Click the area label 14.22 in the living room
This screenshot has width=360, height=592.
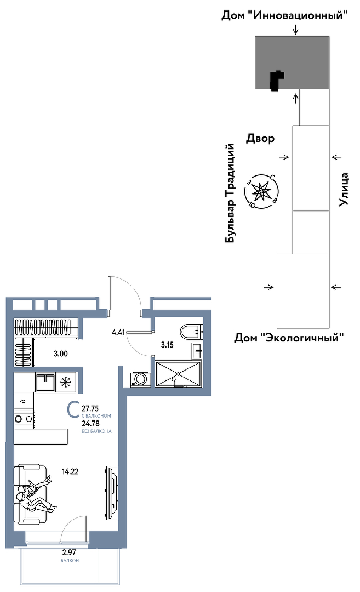click(70, 471)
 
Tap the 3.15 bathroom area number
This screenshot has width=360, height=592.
click(167, 344)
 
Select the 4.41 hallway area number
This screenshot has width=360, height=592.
click(118, 333)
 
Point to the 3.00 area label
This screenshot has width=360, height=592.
click(61, 354)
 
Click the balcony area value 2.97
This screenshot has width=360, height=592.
click(70, 553)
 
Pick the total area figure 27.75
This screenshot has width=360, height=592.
click(90, 408)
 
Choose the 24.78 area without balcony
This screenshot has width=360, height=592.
click(90, 424)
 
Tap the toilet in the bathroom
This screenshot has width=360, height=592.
click(191, 332)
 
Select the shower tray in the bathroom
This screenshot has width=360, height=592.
click(178, 374)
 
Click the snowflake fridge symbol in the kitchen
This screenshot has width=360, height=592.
click(66, 382)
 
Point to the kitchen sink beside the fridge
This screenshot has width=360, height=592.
click(45, 382)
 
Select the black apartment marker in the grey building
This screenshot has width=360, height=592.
click(277, 81)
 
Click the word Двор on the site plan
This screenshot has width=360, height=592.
click(260, 139)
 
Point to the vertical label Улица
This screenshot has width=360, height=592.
click(343, 190)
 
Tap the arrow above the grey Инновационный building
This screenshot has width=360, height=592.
click(296, 29)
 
